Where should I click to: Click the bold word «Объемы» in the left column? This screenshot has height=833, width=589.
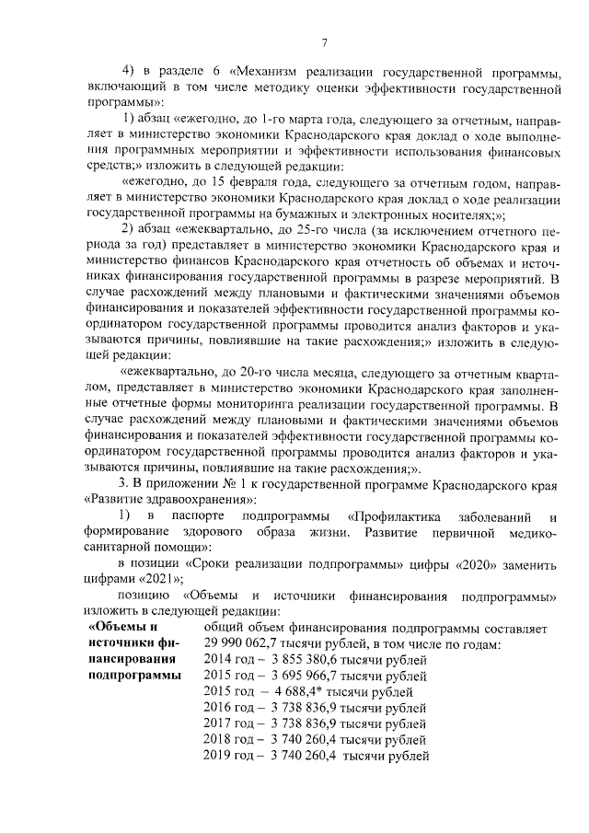pyautogui.click(x=121, y=628)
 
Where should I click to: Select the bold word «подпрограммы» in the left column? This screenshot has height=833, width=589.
pyautogui.click(x=134, y=676)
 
